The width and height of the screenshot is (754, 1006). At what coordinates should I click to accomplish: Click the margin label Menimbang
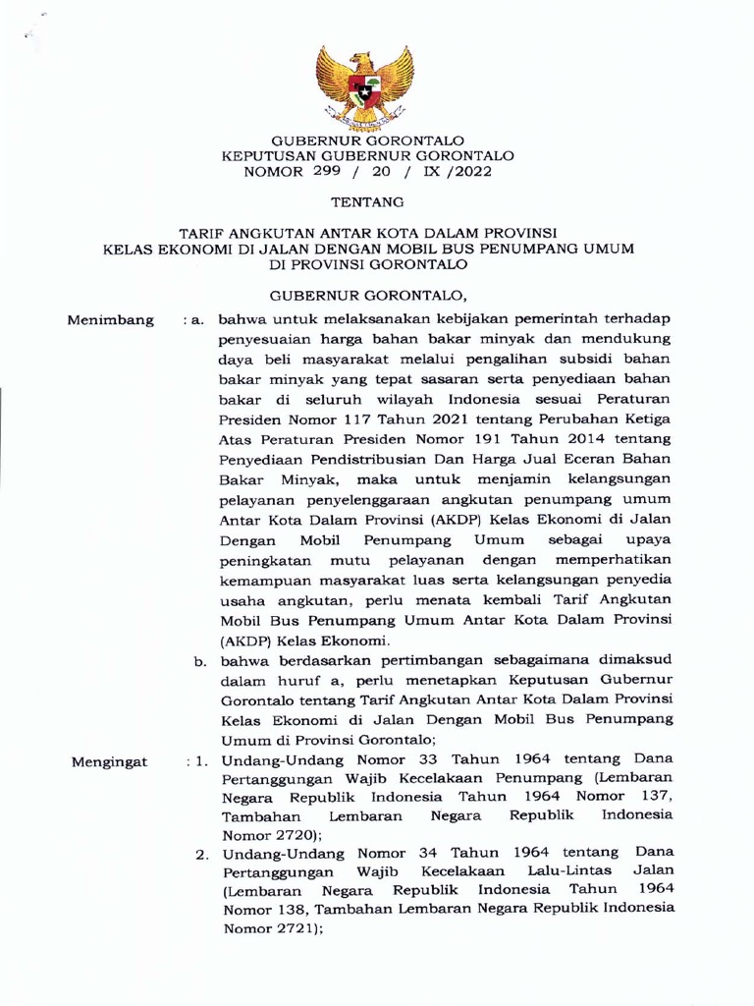pyautogui.click(x=109, y=320)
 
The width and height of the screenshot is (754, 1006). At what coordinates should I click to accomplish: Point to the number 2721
pyautogui.click(x=292, y=930)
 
